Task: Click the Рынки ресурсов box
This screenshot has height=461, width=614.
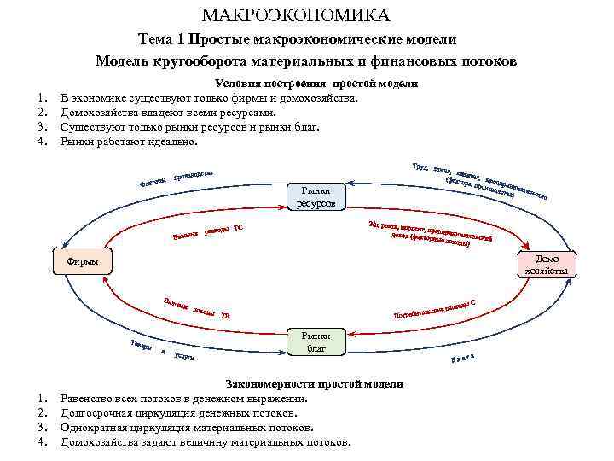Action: point(316,197)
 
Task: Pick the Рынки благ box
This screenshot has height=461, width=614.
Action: point(316,342)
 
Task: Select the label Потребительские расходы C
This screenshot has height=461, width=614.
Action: point(433,309)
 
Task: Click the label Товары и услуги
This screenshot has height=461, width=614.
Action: point(163,350)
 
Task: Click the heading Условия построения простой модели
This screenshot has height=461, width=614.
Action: point(316,84)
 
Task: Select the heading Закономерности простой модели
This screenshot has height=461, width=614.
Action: point(313,384)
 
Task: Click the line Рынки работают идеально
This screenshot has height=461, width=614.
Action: point(129,141)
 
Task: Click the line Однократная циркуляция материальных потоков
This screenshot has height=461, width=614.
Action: point(187,428)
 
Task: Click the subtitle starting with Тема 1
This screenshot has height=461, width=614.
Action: point(298,39)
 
